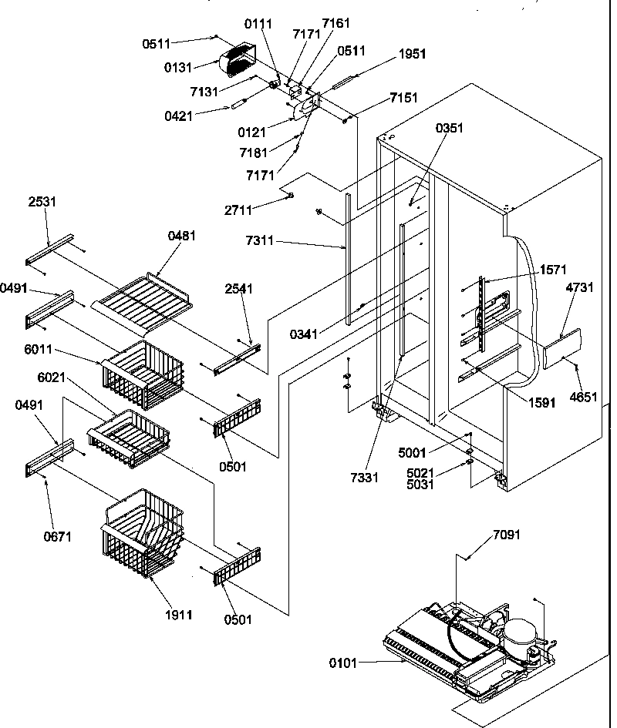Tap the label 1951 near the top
[x=412, y=55]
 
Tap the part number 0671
[x=58, y=536]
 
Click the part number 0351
[x=450, y=128]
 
